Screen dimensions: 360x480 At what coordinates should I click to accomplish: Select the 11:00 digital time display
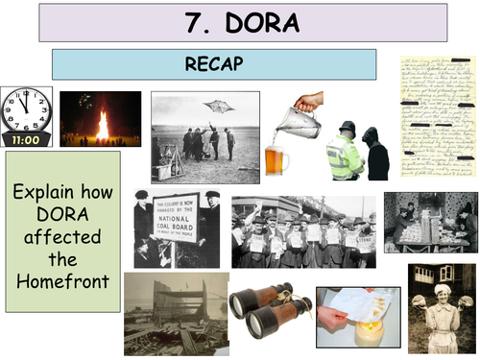coord(27,139)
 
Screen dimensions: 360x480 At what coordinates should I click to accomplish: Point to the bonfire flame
coord(102,124)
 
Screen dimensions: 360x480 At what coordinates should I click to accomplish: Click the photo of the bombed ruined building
coord(176,313)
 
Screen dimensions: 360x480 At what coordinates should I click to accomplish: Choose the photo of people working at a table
coord(430,222)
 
